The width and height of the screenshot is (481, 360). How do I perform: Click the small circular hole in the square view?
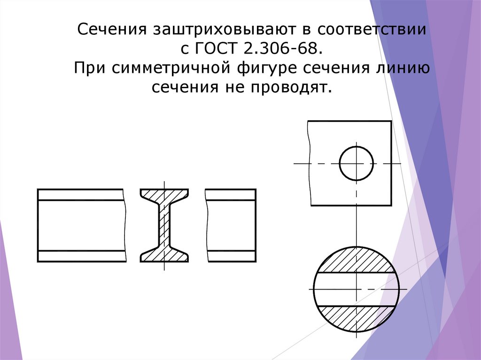point(357,163)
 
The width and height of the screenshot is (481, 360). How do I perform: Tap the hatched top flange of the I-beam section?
point(164,194)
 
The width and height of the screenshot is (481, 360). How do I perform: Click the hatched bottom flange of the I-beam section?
point(164,256)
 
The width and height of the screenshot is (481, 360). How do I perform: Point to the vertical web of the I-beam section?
point(164,225)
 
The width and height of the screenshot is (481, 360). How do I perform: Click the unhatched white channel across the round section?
point(338,289)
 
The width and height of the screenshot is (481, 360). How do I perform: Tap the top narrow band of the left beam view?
point(80,194)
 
